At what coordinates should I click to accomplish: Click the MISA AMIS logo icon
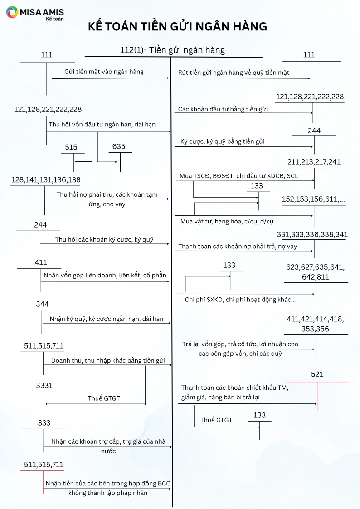[x=12, y=13]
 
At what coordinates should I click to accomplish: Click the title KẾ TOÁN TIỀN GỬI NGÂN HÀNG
[x=178, y=27]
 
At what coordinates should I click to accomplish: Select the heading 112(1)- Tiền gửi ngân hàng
[x=172, y=50]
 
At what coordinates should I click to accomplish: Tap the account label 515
[x=71, y=147]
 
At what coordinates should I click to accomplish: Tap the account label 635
[x=119, y=147]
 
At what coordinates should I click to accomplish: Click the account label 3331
[x=44, y=386]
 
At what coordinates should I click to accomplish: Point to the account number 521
[x=317, y=374]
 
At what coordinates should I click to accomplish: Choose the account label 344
[x=42, y=304]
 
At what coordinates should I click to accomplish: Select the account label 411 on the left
[x=41, y=262]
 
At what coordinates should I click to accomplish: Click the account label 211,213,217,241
[x=314, y=162]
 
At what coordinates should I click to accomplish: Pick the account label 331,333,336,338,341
[x=312, y=234]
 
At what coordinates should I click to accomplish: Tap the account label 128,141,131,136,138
[x=45, y=180]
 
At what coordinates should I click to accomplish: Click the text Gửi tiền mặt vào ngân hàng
[x=104, y=72]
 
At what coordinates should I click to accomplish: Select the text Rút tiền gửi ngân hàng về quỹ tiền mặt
[x=234, y=73]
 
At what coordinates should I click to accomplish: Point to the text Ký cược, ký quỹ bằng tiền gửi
[x=222, y=141]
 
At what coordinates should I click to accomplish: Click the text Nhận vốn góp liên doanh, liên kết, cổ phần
[x=105, y=275]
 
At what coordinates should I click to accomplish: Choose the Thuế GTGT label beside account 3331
[x=104, y=398]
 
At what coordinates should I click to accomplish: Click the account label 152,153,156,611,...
[x=313, y=199]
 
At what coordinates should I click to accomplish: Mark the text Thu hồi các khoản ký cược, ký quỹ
[x=104, y=239]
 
